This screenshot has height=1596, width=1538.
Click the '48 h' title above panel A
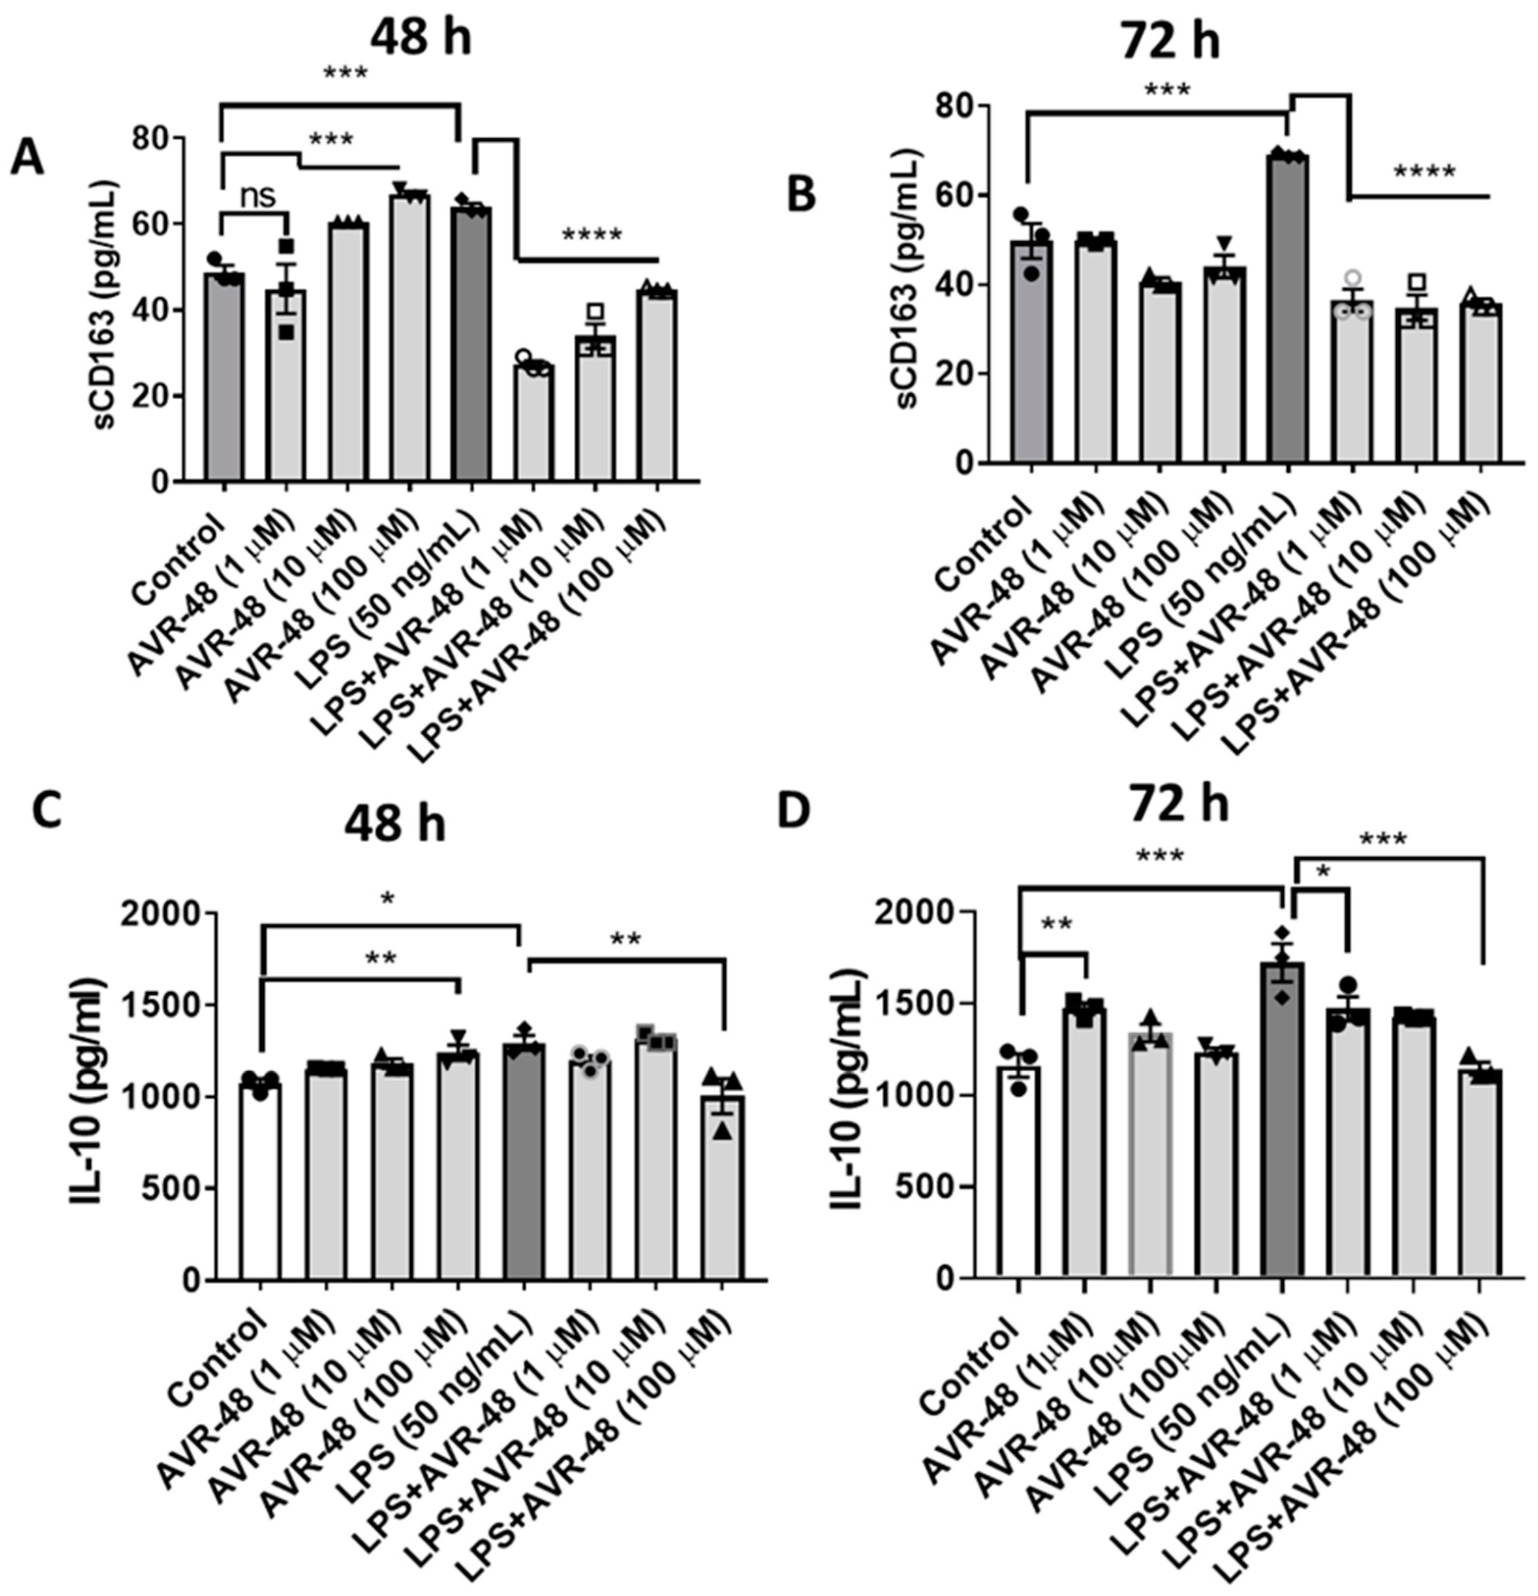(420, 37)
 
